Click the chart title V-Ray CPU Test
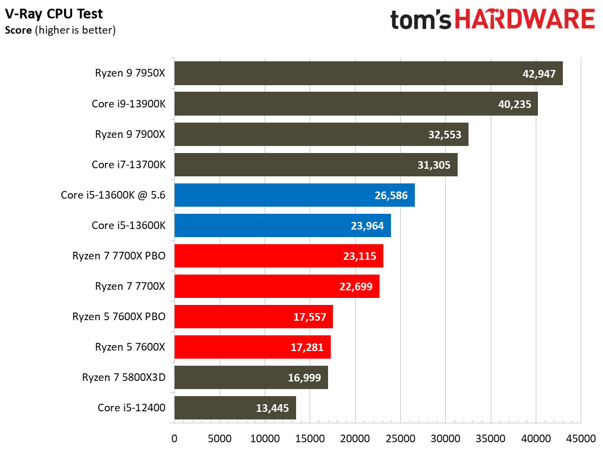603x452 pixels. tap(54, 14)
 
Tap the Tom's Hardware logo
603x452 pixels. tap(492, 20)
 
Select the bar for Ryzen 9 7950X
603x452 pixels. tap(368, 73)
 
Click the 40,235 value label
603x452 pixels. tap(514, 104)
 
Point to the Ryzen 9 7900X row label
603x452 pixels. tap(130, 134)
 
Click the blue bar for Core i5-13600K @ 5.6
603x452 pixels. tap(294, 195)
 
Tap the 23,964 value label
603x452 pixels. tap(367, 226)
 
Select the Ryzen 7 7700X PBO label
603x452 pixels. tap(119, 256)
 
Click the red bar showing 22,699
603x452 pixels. tap(277, 287)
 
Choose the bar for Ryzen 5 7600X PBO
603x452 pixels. tap(253, 317)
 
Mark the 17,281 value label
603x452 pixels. tap(307, 347)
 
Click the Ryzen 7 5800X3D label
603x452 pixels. tap(124, 378)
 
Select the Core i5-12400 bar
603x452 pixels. tap(235, 408)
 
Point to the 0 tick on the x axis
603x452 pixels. tap(174, 437)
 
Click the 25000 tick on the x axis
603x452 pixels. tap(400, 437)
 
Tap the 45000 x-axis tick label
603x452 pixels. tap(581, 437)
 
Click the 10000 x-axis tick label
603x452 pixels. tap(265, 437)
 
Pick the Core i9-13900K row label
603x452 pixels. tap(128, 104)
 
